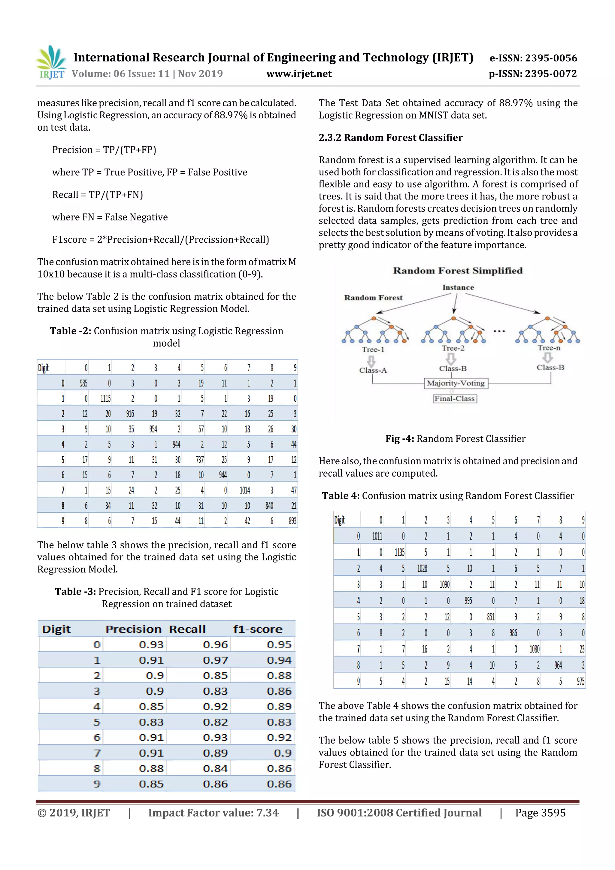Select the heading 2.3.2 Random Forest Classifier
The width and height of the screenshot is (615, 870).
[x=390, y=138]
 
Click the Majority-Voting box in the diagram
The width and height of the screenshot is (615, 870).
[x=456, y=383]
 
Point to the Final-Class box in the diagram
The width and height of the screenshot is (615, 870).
[x=454, y=399]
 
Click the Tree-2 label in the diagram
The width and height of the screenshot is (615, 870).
[x=453, y=348]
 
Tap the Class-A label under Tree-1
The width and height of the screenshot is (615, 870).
[x=373, y=370]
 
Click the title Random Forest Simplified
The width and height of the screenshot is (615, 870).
[x=458, y=271]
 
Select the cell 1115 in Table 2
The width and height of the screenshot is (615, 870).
[x=106, y=399]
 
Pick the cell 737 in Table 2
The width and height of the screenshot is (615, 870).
[x=200, y=460]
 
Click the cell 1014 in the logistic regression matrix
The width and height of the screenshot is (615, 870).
[x=245, y=490]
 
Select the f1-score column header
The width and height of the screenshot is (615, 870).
[x=257, y=629]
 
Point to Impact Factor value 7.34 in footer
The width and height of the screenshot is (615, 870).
[x=213, y=813]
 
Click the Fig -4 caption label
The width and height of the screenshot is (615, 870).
[x=400, y=439]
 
